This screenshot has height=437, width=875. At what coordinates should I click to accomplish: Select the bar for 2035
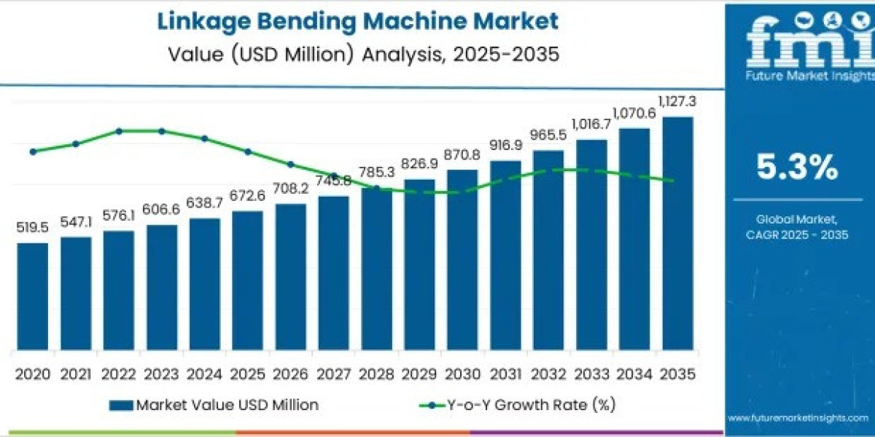coord(677,233)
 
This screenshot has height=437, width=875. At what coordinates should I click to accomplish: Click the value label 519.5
coord(33,228)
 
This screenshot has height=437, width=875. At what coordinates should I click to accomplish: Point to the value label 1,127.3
coord(677,101)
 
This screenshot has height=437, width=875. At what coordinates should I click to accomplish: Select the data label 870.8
coord(462,154)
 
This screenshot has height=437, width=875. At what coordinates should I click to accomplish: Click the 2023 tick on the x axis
coord(162,374)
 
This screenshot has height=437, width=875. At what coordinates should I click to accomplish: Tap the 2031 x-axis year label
coord(505,374)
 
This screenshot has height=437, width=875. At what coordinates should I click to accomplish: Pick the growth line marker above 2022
coord(119,131)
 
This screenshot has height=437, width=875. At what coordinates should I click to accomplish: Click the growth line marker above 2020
coord(33,151)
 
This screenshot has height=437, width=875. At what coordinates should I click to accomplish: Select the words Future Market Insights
coord(799,76)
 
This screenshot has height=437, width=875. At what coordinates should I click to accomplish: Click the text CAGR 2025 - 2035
coord(796,234)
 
